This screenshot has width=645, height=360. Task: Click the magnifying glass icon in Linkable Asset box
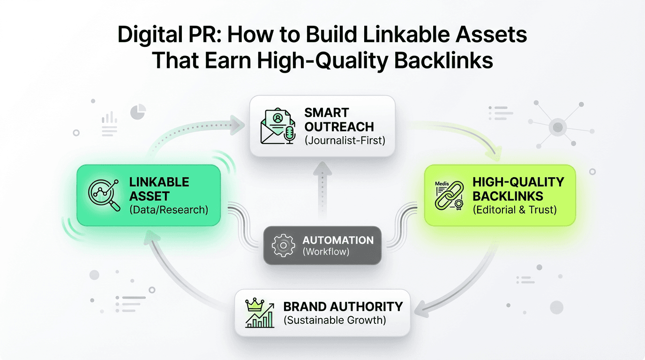coord(104,195)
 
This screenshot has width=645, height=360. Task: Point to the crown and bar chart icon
coord(259,313)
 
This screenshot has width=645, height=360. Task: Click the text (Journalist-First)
coord(345,140)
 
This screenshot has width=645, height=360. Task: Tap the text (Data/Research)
coord(168,209)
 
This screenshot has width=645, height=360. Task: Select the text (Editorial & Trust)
coord(514,210)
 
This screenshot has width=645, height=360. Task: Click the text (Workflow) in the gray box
coord(326,252)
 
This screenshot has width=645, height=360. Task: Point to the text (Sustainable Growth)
coord(335,321)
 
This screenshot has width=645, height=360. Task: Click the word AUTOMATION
coord(338,240)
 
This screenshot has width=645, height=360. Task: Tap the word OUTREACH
coord(339,126)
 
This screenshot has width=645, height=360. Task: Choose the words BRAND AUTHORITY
coord(343,307)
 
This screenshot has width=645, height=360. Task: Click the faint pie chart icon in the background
coord(138,112)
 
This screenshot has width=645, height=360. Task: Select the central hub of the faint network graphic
coord(557,127)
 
